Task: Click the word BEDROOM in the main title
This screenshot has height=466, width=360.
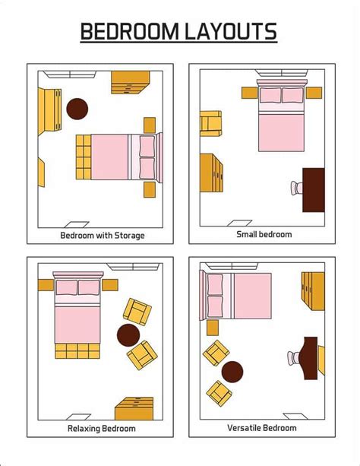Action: (x=129, y=31)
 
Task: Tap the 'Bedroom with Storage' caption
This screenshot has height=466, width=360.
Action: (x=103, y=235)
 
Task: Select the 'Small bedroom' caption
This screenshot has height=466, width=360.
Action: (x=264, y=234)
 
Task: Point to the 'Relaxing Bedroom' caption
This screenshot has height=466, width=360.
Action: (x=103, y=429)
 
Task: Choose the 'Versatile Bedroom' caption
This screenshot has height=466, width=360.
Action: (x=264, y=429)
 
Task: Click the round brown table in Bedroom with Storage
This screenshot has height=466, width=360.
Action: (x=77, y=109)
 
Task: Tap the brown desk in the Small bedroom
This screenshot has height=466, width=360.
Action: (x=314, y=190)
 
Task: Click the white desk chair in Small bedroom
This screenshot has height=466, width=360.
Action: (x=295, y=187)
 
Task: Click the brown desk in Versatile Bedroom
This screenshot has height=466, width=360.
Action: (x=310, y=357)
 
